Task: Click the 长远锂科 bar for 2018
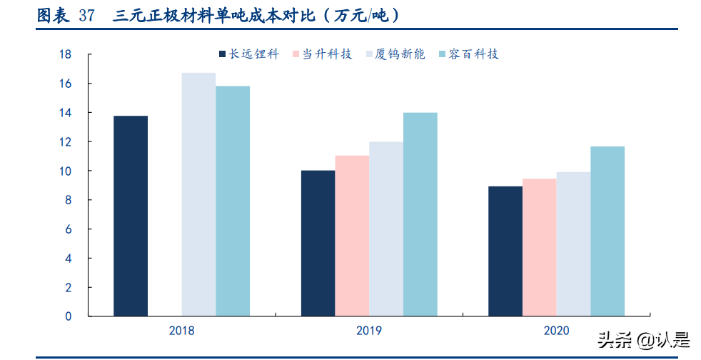131,216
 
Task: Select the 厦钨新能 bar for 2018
198,194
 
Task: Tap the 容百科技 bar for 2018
233,201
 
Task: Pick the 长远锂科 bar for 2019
318,243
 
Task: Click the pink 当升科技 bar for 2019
352,236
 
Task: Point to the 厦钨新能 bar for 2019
386,229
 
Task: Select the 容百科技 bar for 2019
420,214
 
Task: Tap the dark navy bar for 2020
505,251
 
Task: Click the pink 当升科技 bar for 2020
539,247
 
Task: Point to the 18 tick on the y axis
65,54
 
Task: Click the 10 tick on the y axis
65,171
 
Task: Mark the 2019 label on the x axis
369,331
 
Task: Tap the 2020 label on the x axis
556,331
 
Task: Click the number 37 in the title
86,16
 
